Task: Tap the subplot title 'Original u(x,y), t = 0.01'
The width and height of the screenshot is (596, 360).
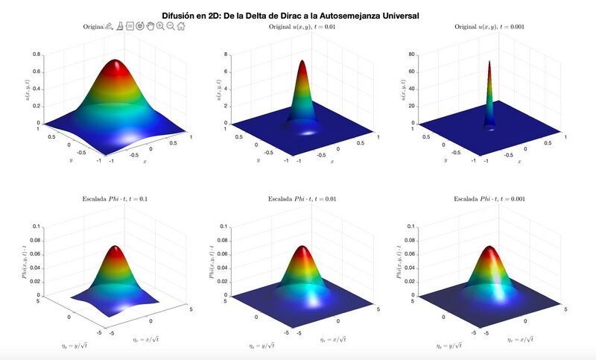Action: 302,28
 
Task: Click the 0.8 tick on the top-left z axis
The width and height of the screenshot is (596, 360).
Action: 37,54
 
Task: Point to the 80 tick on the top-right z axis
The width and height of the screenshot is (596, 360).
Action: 413,54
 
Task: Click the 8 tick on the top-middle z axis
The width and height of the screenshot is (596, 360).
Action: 226,54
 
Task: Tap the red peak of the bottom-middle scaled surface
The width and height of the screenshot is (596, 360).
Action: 303,249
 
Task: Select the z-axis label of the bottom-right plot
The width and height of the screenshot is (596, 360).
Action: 402,261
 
